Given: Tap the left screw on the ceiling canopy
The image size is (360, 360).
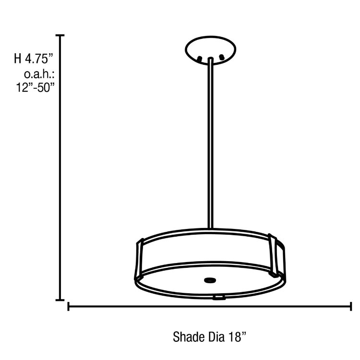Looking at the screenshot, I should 199,59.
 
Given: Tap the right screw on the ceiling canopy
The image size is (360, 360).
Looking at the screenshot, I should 222,58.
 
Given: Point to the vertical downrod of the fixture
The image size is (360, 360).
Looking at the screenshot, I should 210,144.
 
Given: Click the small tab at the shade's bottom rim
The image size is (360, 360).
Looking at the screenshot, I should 219,298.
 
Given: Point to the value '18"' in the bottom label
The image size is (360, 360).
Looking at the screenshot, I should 237,336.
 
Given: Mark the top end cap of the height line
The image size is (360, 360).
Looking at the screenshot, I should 60,36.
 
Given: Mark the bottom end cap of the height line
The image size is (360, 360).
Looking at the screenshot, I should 60,300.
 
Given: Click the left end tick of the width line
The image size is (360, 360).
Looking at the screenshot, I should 69,306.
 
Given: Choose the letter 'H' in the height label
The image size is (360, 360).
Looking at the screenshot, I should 18,60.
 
